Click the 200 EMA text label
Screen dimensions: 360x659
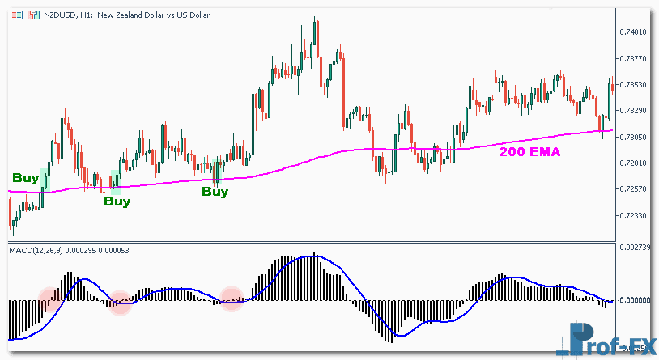pyautogui.click(x=529, y=150)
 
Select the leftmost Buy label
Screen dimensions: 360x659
pyautogui.click(x=25, y=177)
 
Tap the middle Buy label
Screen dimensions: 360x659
pyautogui.click(x=117, y=201)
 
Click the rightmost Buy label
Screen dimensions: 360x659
pyautogui.click(x=215, y=192)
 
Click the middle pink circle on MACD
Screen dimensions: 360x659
pyautogui.click(x=120, y=303)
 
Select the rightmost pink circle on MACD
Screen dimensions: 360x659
pyautogui.click(x=232, y=299)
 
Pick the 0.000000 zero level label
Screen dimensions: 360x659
pyautogui.click(x=635, y=300)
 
